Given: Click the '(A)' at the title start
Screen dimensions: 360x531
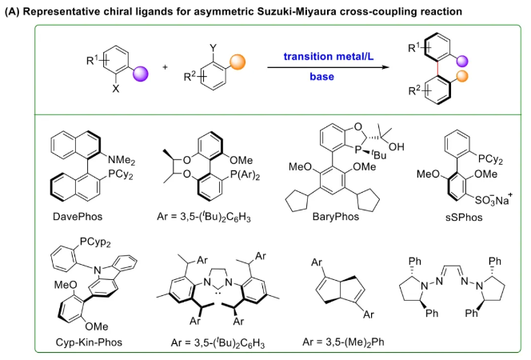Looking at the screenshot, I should click(x=14, y=10).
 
